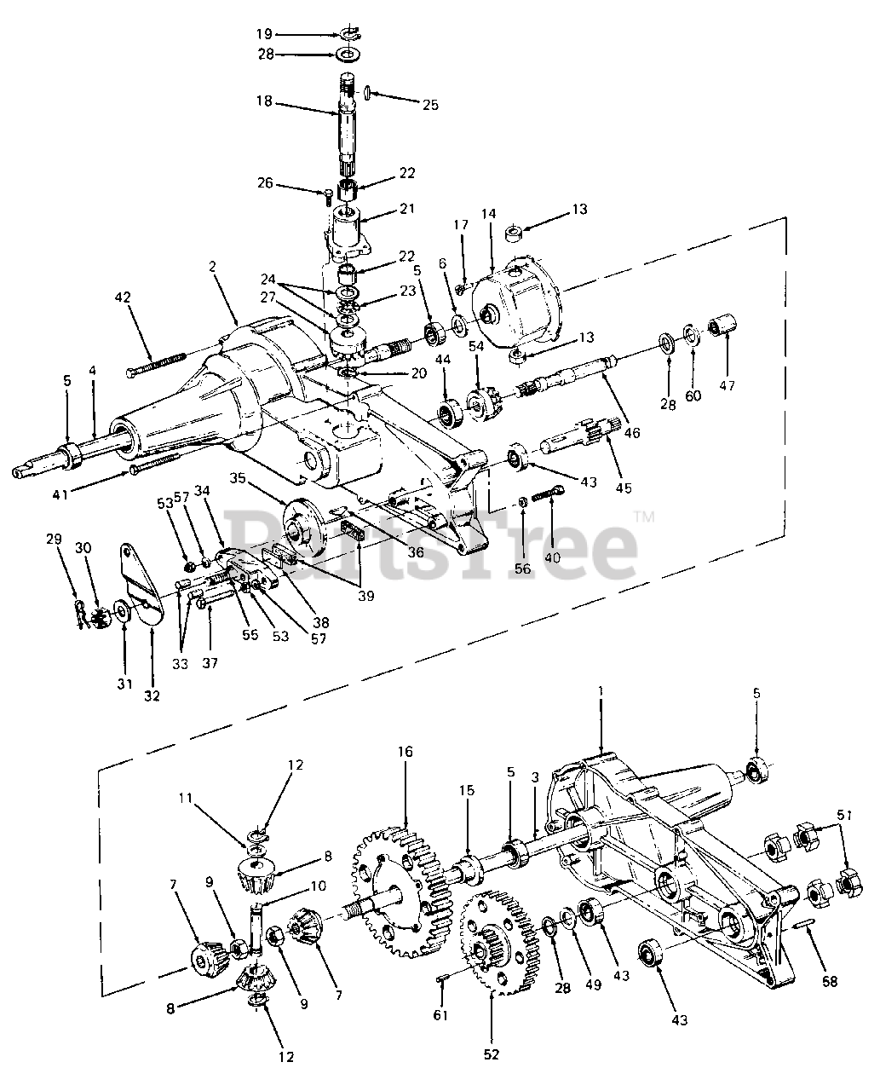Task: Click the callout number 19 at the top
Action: pos(264,34)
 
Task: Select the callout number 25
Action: pos(430,105)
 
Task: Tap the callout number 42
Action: pos(123,297)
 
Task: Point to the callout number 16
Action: pos(405,752)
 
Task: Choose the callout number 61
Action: pos(440,1014)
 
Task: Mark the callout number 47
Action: pos(727,385)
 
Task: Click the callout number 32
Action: pos(152,696)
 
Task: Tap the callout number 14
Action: pos(489,214)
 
